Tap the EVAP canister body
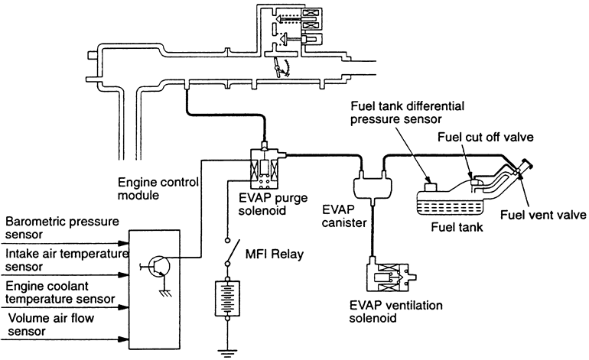[x=369, y=186]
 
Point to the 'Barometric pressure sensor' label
[x=62, y=229]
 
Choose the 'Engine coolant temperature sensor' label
[x=60, y=291]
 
